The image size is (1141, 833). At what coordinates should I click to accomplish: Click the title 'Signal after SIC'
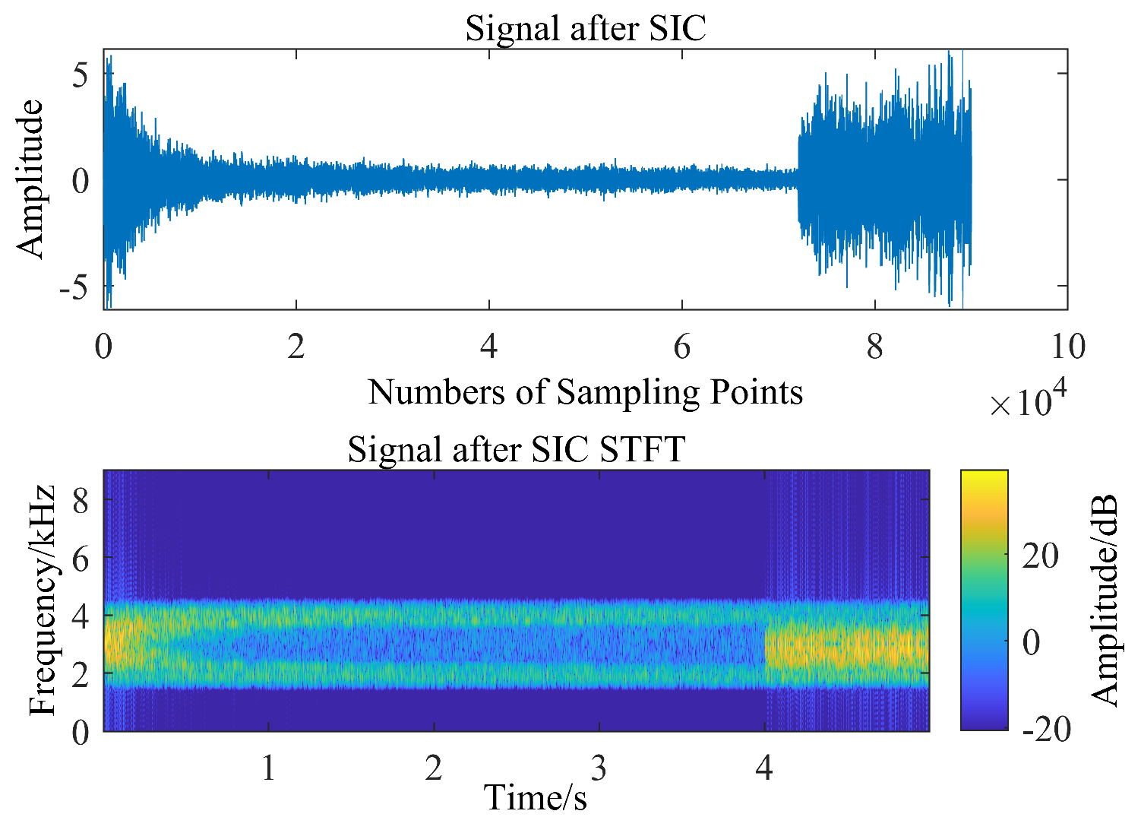pos(585,29)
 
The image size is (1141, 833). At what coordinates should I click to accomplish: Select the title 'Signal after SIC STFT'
pos(517,449)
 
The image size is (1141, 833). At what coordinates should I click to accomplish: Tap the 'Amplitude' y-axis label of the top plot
pos(30,179)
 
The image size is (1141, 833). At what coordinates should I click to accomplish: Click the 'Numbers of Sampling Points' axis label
pos(585,392)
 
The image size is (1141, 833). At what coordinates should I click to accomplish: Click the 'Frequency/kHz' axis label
pos(43,600)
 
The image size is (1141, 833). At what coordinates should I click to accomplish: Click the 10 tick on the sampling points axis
pos(1067,347)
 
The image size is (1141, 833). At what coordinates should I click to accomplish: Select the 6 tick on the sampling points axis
pos(681,347)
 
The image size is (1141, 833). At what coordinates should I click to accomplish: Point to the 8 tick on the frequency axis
pos(81,500)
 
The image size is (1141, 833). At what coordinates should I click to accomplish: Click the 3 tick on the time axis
pos(599,768)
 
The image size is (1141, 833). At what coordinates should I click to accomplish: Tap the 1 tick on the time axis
pos(268,768)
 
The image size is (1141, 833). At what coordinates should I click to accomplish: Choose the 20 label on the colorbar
pos(1040,556)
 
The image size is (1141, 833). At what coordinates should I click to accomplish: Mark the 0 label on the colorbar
pos(1031,643)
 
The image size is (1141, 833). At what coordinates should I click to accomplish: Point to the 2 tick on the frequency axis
pos(81,673)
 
